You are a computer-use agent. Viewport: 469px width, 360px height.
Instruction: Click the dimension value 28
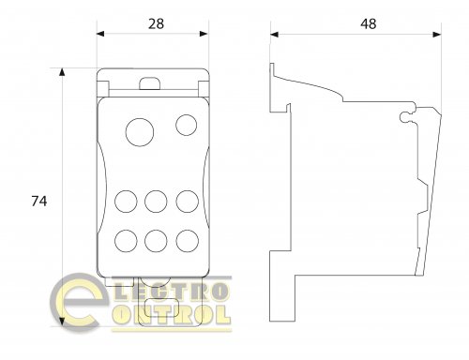click(x=156, y=23)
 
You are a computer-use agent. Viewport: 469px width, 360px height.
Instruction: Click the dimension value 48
click(x=369, y=23)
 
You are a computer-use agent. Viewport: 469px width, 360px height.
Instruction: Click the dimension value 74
click(x=39, y=201)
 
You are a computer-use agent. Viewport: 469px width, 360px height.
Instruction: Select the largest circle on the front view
click(x=140, y=132)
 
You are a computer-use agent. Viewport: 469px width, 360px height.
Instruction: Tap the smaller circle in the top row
click(x=187, y=125)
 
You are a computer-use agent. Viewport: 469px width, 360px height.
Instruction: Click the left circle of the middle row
click(x=126, y=202)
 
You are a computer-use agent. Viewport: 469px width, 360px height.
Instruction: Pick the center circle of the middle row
click(x=156, y=202)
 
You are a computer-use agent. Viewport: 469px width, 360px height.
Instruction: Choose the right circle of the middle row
click(x=187, y=202)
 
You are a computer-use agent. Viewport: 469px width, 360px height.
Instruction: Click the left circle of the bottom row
click(x=126, y=241)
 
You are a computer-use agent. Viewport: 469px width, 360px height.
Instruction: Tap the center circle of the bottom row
click(x=156, y=241)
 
